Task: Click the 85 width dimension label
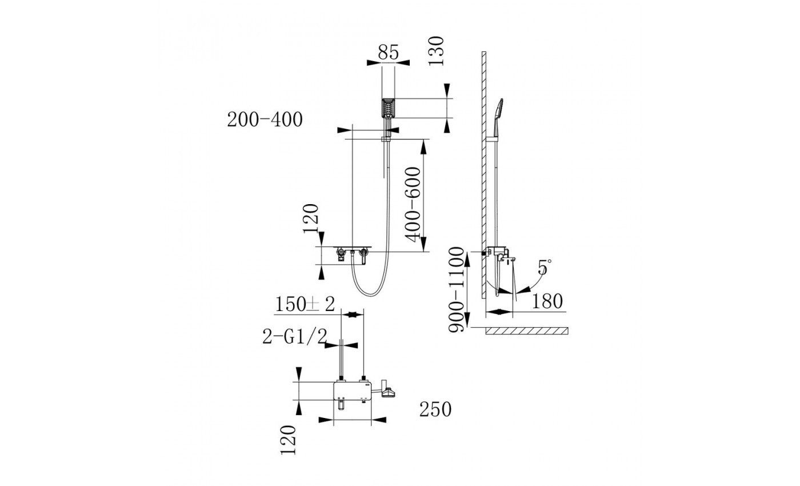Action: click(388, 52)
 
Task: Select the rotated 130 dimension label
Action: click(436, 51)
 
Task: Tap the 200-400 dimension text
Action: click(265, 119)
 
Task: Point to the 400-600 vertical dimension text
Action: click(414, 204)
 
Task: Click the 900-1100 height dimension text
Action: click(456, 290)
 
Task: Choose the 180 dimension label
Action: click(547, 301)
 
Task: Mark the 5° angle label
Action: click(545, 267)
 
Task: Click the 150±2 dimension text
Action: click(305, 304)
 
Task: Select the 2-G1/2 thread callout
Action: click(295, 336)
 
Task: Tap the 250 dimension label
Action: click(435, 409)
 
